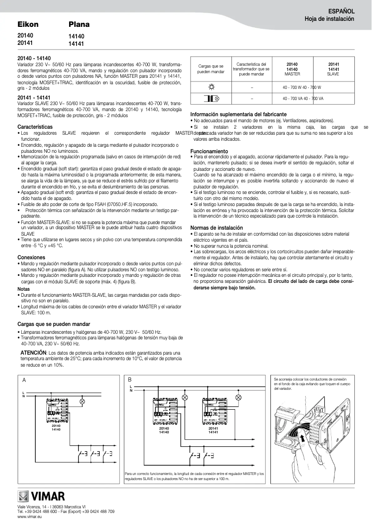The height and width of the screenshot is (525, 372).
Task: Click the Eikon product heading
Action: click(x=28, y=25)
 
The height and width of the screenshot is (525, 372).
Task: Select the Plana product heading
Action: click(x=79, y=25)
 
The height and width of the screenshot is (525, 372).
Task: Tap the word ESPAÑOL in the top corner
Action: click(x=341, y=11)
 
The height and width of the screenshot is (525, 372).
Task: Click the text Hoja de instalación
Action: click(x=329, y=19)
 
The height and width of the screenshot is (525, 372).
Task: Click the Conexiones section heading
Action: click(x=31, y=257)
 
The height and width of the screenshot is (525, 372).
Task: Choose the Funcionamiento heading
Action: click(x=209, y=151)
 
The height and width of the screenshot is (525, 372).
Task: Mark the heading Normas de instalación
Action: click(x=217, y=228)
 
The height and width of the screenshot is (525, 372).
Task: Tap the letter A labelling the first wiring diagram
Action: click(x=24, y=380)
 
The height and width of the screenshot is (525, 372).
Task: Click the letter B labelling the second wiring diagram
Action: click(x=130, y=379)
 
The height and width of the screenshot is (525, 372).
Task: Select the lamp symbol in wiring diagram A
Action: click(x=83, y=401)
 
